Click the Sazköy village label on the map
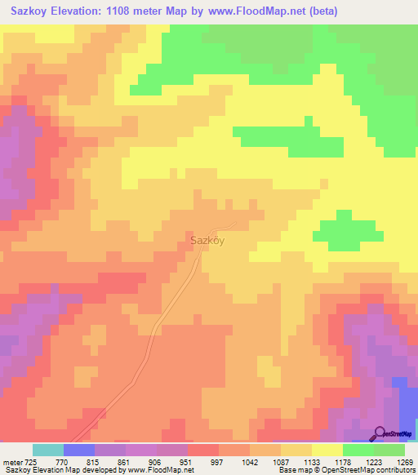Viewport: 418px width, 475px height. click(207, 241)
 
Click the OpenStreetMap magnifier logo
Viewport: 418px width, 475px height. click(380, 433)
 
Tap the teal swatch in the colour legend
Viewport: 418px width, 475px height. click(47, 450)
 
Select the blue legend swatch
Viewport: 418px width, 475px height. click(78, 450)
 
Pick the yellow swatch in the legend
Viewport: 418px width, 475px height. click(327, 450)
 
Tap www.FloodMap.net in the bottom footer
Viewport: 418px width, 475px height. click(161, 470)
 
